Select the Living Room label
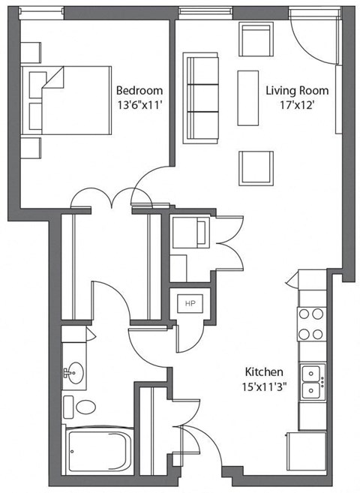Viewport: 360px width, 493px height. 297,91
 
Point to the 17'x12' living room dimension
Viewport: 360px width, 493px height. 296,105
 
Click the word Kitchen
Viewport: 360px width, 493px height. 263,371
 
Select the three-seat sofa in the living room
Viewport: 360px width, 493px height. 201,98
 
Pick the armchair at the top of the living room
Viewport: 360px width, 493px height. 256,39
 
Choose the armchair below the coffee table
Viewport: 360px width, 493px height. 256,167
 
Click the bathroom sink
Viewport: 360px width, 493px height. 74,372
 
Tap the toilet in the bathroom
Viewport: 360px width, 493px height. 82,408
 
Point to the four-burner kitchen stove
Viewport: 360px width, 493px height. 311,323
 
